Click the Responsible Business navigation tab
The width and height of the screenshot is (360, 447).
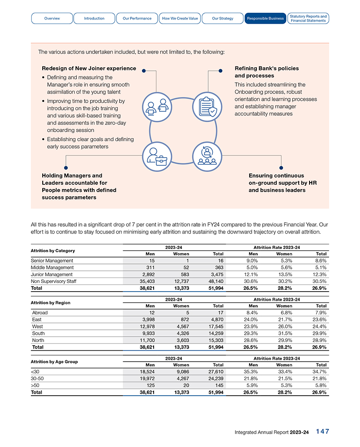265,18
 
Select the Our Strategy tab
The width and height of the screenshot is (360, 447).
223,18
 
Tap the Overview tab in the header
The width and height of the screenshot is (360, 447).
52,18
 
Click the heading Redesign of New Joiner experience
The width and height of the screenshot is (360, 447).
89,68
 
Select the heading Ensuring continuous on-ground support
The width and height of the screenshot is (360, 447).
282,183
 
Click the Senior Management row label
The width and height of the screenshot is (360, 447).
52,261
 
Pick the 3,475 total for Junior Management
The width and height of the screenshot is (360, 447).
215,274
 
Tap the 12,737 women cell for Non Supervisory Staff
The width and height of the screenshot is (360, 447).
180,281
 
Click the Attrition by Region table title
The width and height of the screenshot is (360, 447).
50,303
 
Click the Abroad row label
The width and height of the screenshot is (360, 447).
40,313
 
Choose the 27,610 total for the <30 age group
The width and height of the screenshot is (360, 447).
214,372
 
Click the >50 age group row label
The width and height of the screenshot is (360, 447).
35,385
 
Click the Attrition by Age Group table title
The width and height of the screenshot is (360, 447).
54,362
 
